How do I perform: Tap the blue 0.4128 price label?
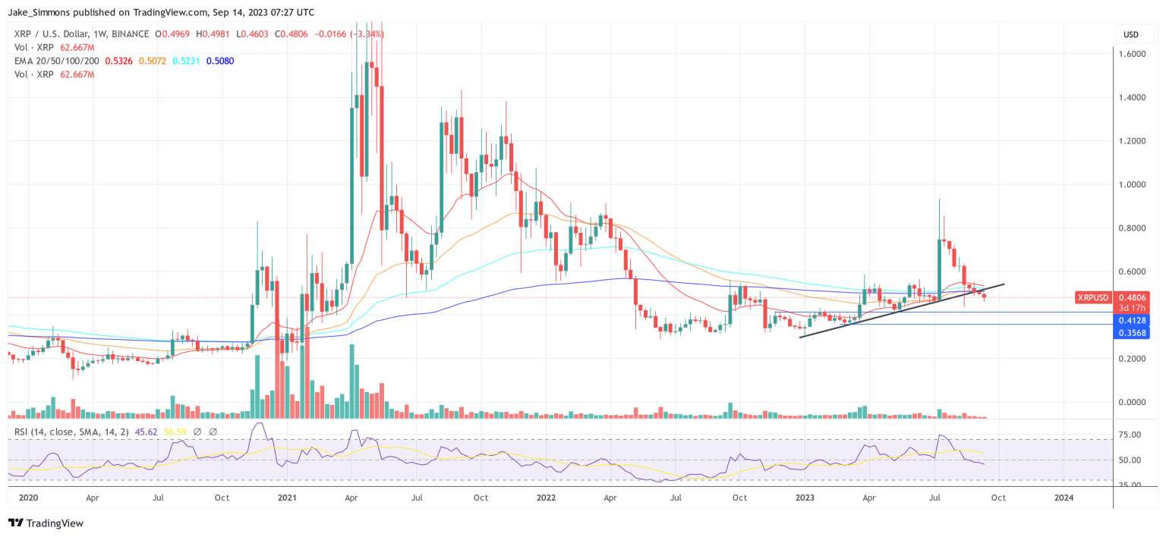1133,321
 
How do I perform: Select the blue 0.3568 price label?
1133,333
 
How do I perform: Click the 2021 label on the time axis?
287,498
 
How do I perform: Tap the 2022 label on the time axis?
547,498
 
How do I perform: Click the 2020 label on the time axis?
27,498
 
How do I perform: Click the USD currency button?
1131,35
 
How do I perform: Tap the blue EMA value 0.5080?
219,61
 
